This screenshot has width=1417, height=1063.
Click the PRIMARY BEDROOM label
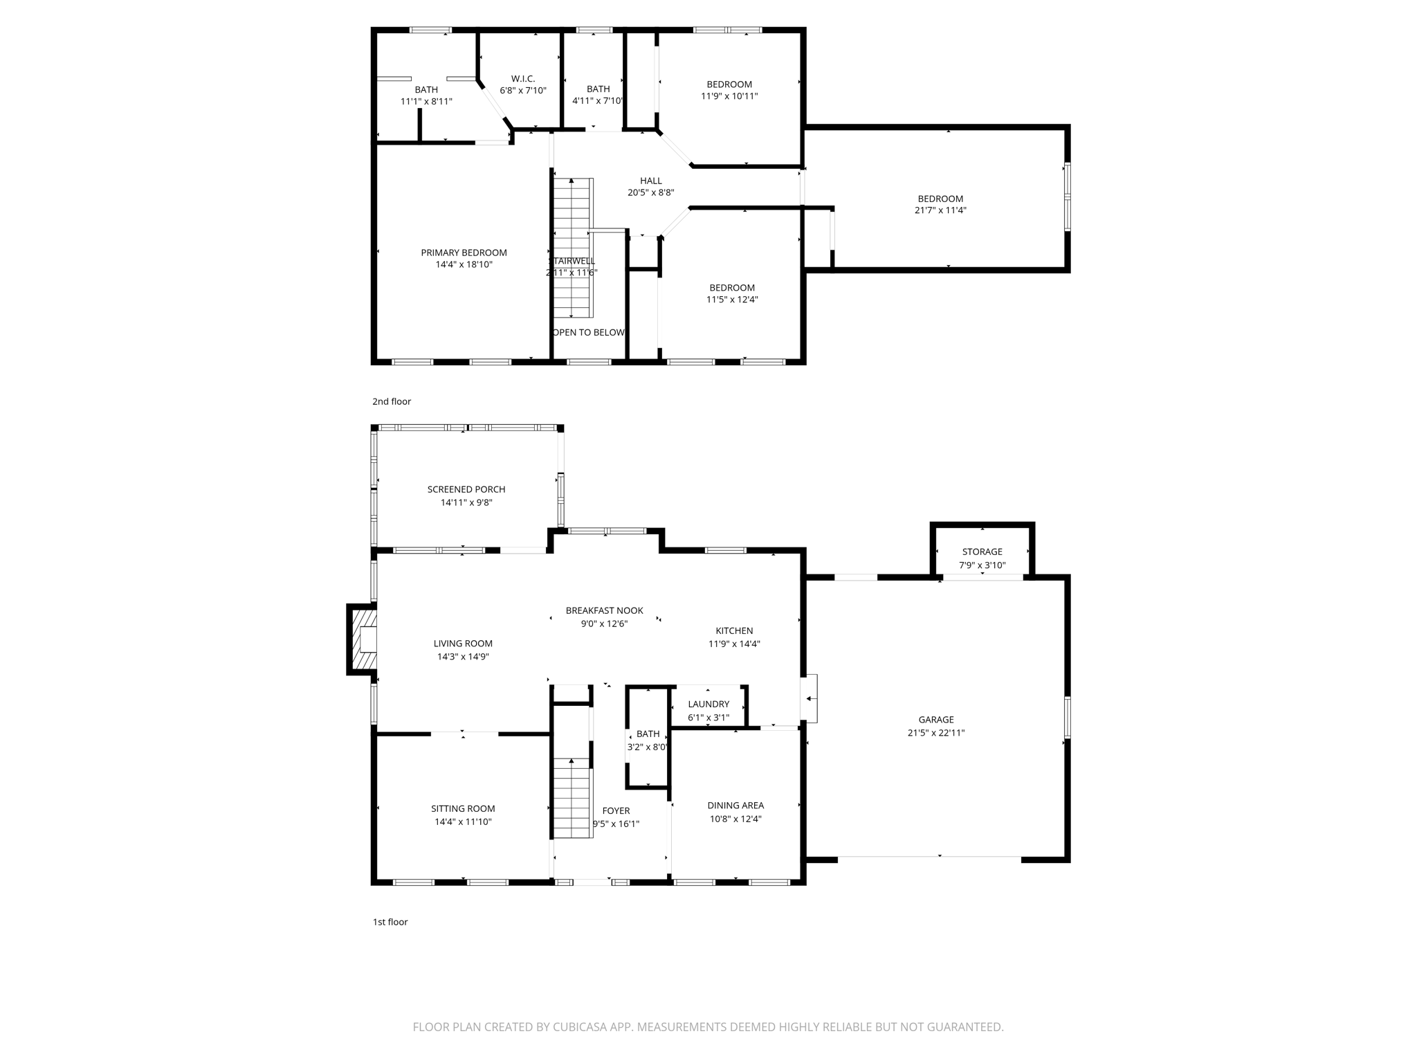[x=464, y=253]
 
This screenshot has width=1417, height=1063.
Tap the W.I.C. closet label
[x=523, y=79]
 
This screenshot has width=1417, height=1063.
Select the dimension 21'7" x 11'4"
[x=940, y=210]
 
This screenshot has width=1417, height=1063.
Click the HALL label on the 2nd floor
[x=650, y=181]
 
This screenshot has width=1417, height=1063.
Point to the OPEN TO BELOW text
[x=589, y=332]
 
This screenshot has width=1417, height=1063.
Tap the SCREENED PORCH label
[x=466, y=489]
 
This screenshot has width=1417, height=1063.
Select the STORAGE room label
[x=982, y=552]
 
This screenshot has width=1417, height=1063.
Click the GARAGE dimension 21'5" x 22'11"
[x=936, y=733]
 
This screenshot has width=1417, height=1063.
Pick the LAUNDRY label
[x=708, y=704]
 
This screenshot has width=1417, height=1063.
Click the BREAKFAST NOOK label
[x=604, y=610]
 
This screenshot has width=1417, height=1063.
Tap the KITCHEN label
[x=734, y=630]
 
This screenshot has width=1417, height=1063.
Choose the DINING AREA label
[x=735, y=805]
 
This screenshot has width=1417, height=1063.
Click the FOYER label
[x=616, y=810]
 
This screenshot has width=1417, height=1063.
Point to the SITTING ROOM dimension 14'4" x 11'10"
[x=463, y=822]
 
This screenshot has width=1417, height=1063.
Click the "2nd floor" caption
[x=392, y=401]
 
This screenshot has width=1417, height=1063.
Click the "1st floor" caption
[x=390, y=922]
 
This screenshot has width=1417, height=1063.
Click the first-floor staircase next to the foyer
[x=572, y=797]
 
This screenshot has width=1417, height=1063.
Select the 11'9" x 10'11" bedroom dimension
[x=729, y=96]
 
